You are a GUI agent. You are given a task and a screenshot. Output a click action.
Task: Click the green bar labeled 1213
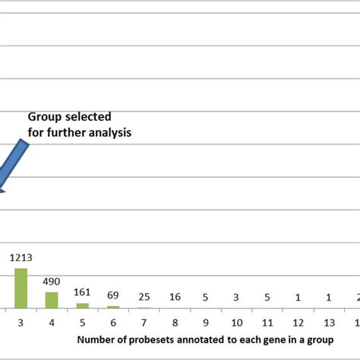[x=21, y=288]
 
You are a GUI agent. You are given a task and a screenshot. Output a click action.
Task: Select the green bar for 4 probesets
[x=52, y=300]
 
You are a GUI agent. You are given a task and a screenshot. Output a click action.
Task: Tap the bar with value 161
[x=82, y=305]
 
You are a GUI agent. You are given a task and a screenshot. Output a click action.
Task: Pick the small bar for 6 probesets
[x=113, y=307]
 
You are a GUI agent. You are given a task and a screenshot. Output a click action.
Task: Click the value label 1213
[x=21, y=257]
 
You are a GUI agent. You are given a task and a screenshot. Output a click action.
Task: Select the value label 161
[x=82, y=292]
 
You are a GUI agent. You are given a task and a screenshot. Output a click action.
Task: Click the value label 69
[x=113, y=295]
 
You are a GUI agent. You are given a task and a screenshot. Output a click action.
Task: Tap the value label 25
[x=144, y=296]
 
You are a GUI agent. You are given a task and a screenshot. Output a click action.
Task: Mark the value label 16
[x=175, y=296]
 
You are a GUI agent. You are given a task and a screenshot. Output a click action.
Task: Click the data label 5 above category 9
[x=206, y=296]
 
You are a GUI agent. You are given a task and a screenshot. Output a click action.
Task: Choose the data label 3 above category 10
[x=236, y=296]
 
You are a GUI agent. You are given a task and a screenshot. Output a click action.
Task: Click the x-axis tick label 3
[x=21, y=321]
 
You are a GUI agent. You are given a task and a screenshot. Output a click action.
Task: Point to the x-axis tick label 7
[x=144, y=321]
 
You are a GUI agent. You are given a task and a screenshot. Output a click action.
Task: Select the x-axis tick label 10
[x=236, y=321]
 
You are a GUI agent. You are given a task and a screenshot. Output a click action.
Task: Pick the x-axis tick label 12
[x=298, y=321]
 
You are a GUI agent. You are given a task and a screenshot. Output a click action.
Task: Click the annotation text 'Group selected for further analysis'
[x=79, y=124]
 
